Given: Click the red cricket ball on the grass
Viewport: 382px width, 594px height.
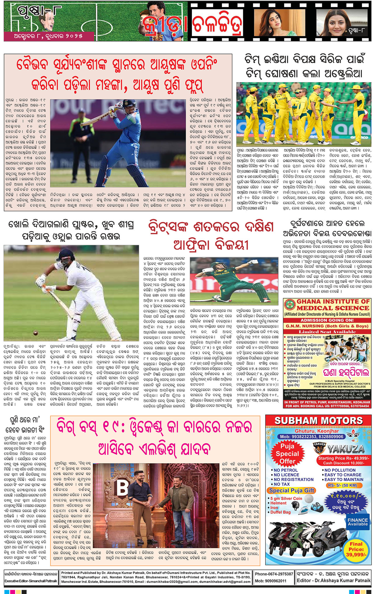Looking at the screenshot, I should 35,333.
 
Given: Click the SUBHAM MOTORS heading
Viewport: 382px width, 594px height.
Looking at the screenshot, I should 318,421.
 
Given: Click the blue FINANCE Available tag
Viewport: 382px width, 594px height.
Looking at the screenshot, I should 358,522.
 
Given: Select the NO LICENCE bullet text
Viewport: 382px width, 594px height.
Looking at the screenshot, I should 290,475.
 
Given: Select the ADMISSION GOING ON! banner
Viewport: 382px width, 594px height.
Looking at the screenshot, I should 327,320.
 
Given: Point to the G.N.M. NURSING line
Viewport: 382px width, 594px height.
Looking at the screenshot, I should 327,326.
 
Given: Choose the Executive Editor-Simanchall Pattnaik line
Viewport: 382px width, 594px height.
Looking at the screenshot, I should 31,581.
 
